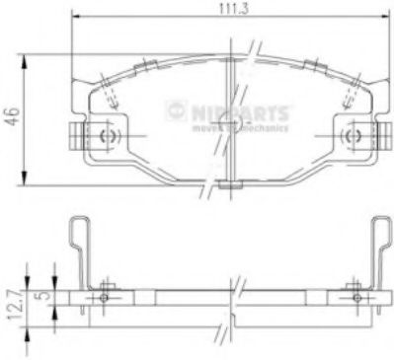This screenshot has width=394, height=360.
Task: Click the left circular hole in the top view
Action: point(109,136)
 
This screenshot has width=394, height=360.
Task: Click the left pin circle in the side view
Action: point(104,297)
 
